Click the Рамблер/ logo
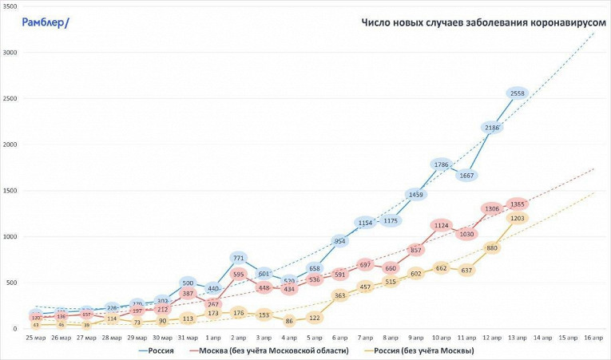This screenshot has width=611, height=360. tap(46, 22)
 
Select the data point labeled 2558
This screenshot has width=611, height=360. tap(517, 93)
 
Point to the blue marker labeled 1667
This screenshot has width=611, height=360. tap(466, 176)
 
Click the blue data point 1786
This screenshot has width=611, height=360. tap(441, 164)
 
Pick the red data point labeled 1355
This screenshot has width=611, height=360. tap(517, 204)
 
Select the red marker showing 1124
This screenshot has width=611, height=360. tap(441, 226)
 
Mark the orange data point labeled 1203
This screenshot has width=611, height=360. tap(517, 218)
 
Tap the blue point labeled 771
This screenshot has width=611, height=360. tap(238, 258)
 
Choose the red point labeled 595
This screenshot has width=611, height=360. tap(238, 274)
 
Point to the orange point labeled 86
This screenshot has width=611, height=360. tap(289, 321)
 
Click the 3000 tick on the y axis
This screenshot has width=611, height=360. tap(10, 53)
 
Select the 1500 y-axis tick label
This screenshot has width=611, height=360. tap(10, 191)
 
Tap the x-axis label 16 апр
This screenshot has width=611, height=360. tap(593, 338)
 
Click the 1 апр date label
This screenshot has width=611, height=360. tap(213, 338)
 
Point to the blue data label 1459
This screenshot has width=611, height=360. tap(415, 194)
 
